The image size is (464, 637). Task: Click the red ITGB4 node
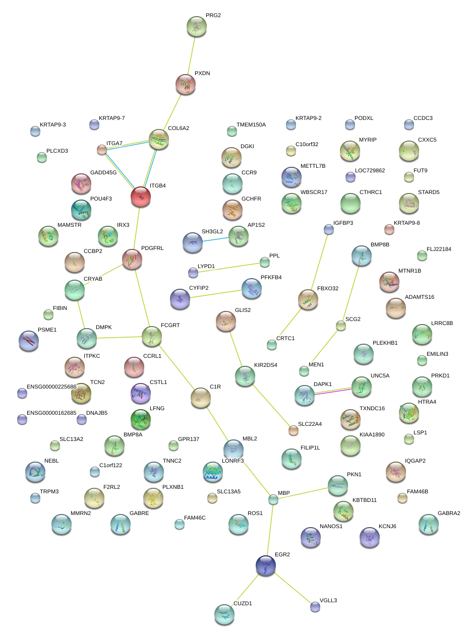pyautogui.click(x=141, y=197)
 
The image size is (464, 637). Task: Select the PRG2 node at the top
pyautogui.click(x=196, y=26)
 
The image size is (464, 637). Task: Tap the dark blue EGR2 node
pyautogui.click(x=266, y=565)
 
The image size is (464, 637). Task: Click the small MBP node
pyautogui.click(x=273, y=499)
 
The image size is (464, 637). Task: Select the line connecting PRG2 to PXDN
pyautogui.click(x=191, y=55)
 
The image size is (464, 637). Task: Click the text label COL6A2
pyautogui.click(x=179, y=128)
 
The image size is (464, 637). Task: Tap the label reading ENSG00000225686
pyautogui.click(x=51, y=387)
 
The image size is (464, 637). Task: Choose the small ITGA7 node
pyautogui.click(x=102, y=150)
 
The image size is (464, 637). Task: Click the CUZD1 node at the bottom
pyautogui.click(x=224, y=614)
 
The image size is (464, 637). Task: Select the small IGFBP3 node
pyautogui.click(x=329, y=230)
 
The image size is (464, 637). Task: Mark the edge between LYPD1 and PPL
pyautogui.click(x=229, y=268)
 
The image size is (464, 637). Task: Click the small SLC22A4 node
pyautogui.click(x=294, y=430)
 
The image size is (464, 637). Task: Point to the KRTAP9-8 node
pyautogui.click(x=389, y=230)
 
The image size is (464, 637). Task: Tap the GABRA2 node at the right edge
pyautogui.click(x=428, y=524)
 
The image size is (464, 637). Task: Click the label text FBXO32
pyautogui.click(x=328, y=288)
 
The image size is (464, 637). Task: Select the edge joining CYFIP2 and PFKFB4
pyautogui.click(x=216, y=294)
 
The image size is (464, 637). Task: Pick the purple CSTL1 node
pyautogui.click(x=141, y=393)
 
